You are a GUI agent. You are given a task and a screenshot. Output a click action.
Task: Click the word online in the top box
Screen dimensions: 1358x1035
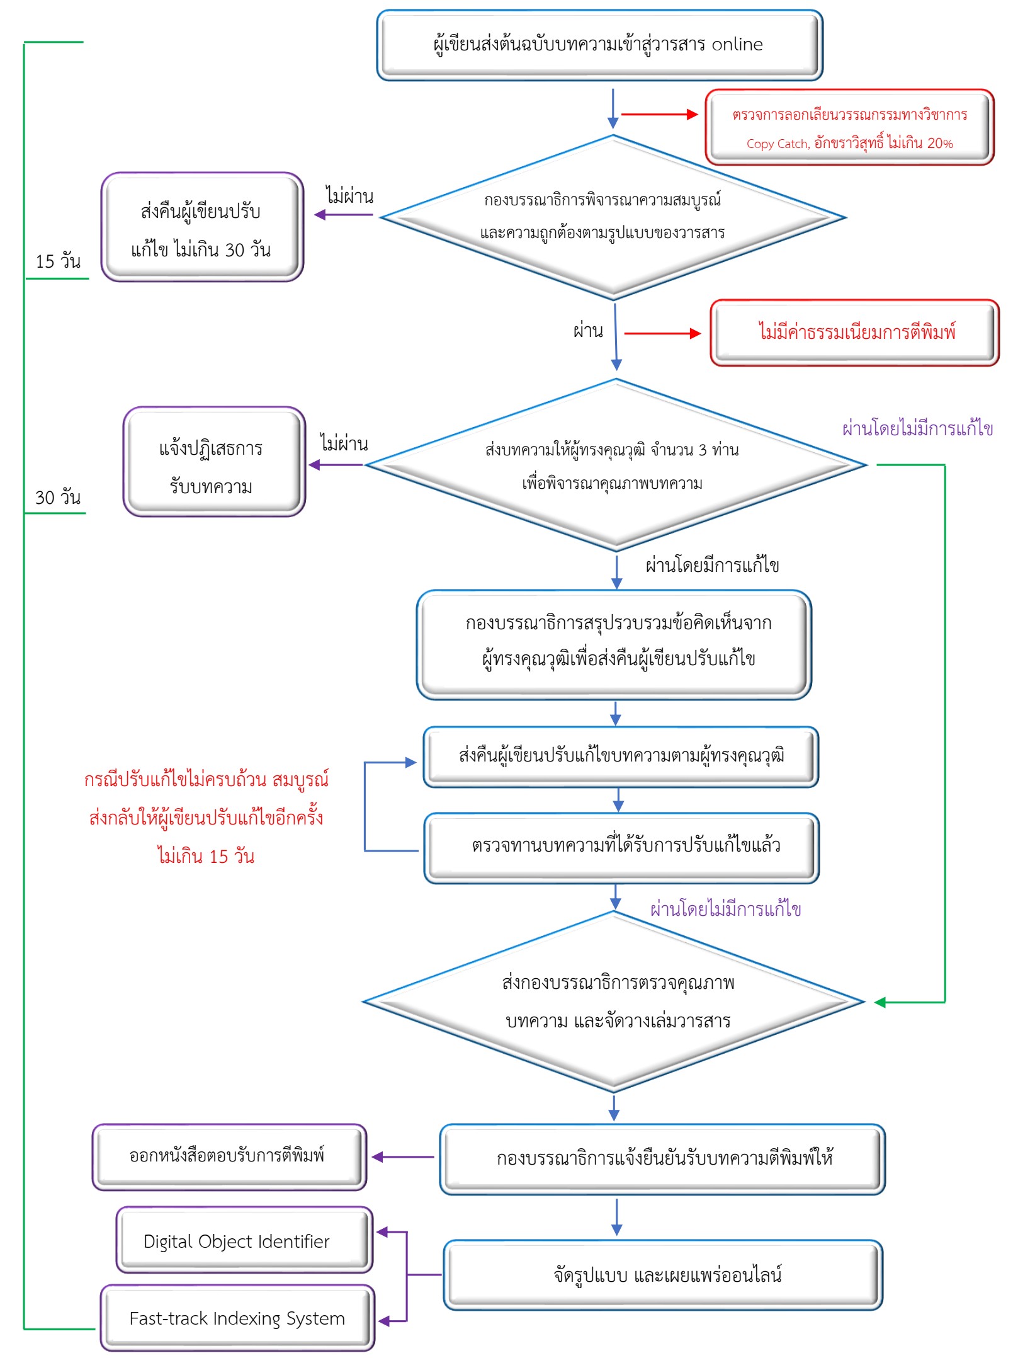tap(737, 45)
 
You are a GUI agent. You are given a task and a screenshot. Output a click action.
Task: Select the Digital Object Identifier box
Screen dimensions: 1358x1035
tap(244, 1240)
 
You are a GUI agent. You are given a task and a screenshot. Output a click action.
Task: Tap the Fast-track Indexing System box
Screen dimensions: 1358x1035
tap(237, 1318)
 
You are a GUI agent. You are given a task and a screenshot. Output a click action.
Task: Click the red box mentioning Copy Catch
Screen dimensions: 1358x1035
tap(849, 128)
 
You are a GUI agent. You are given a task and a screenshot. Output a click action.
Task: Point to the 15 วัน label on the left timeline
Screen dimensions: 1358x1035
tap(58, 261)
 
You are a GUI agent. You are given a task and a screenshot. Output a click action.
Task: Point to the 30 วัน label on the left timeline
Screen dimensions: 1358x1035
tap(58, 498)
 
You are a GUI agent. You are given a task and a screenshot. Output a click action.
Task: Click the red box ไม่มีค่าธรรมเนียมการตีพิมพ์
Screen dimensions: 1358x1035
tap(855, 332)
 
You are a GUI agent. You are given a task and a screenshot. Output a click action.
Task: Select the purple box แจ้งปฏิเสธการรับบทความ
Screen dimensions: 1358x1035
tap(213, 462)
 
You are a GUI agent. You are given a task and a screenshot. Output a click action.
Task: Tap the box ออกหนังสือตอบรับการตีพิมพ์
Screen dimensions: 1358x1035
tap(229, 1156)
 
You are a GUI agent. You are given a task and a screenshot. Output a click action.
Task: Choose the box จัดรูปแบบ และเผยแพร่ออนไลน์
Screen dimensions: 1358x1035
tap(664, 1275)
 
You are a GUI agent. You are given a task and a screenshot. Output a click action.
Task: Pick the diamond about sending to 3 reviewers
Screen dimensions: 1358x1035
tap(615, 465)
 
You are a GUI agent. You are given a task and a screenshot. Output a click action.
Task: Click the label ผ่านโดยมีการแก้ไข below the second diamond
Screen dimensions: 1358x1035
tap(712, 565)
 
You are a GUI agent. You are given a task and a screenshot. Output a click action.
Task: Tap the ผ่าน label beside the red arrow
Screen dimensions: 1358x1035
tap(588, 331)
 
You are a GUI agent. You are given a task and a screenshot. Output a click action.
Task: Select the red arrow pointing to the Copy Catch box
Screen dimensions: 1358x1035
tap(660, 115)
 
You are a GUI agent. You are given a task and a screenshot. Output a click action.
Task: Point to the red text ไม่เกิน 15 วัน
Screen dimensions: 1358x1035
tap(206, 857)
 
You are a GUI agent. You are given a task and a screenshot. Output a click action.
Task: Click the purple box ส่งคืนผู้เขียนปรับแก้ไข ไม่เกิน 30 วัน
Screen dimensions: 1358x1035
tap(202, 227)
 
